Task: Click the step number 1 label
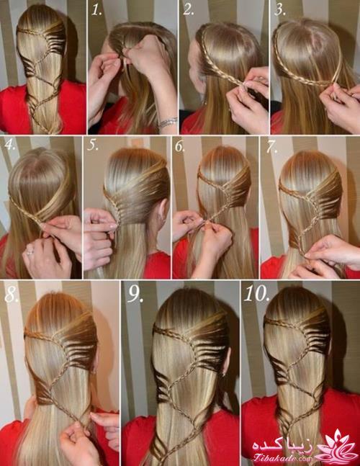click(x=96, y=10)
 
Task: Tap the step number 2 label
click(x=189, y=10)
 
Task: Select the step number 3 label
click(x=280, y=10)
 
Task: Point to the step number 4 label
click(x=10, y=145)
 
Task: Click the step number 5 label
click(x=93, y=145)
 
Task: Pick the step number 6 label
click(x=180, y=146)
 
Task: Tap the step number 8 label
click(x=12, y=295)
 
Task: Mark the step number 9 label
click(x=135, y=295)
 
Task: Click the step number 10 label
click(x=256, y=294)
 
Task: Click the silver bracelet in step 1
click(x=168, y=122)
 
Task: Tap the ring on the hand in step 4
click(x=30, y=252)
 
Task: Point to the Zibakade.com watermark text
click(x=282, y=459)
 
